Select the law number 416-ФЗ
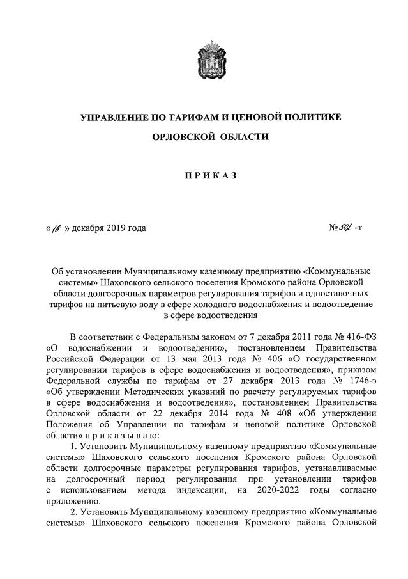[x=359, y=336]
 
